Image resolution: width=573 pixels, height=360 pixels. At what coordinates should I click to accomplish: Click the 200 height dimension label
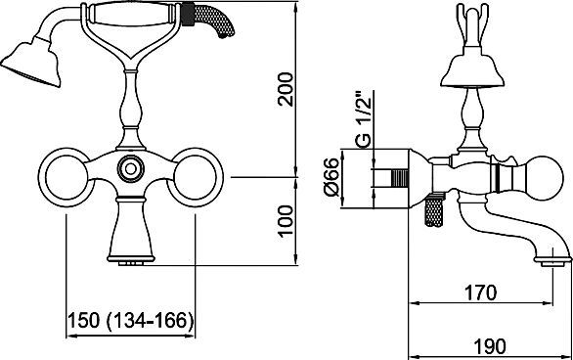[286, 90]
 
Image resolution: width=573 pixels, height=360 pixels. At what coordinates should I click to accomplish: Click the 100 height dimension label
[286, 221]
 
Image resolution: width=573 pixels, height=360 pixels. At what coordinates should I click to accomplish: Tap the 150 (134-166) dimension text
[130, 321]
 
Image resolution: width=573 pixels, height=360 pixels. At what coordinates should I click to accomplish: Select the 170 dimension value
[480, 292]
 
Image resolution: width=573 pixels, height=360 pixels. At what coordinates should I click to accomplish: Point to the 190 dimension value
[490, 345]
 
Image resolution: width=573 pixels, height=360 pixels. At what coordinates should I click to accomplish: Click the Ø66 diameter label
[332, 177]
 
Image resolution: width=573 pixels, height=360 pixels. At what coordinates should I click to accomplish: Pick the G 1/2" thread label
[364, 118]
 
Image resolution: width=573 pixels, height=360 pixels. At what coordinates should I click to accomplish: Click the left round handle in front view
[66, 177]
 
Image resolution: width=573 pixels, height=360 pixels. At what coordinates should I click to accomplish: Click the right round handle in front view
[196, 177]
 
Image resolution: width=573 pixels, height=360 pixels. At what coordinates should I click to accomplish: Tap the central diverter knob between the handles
[130, 168]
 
